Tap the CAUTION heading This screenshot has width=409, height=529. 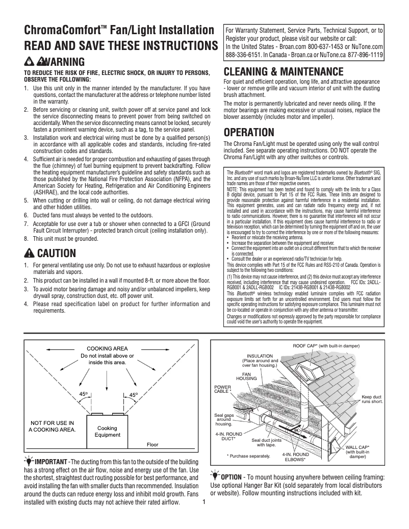(56, 253)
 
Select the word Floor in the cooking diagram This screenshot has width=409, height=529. (152, 445)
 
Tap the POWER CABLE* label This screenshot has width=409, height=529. (222, 389)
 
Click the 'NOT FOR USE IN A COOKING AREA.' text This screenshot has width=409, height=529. (53, 426)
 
